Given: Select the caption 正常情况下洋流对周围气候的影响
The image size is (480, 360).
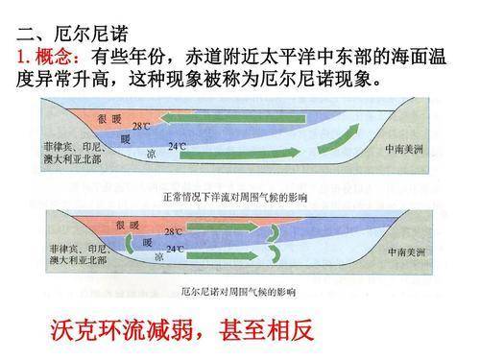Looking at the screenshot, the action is (x=235, y=197).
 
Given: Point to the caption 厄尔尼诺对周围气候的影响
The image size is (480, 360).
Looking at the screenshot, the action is (x=239, y=289).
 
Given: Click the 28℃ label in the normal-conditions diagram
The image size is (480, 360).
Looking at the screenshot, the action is (x=141, y=126).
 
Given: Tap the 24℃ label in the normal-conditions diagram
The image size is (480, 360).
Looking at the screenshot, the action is (x=178, y=147).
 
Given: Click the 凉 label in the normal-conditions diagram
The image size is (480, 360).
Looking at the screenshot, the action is (x=150, y=152).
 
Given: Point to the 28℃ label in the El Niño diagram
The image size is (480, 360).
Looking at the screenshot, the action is (x=174, y=231).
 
